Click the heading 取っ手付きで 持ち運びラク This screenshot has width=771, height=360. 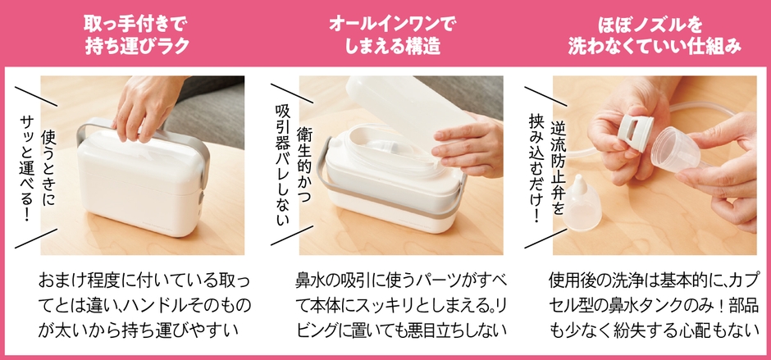137,35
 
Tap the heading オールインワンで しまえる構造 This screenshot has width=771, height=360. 392,35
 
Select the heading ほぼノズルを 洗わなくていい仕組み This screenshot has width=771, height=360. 655,35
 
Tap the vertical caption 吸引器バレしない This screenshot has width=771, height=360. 282,166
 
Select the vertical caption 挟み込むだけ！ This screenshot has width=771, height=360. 536,168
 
